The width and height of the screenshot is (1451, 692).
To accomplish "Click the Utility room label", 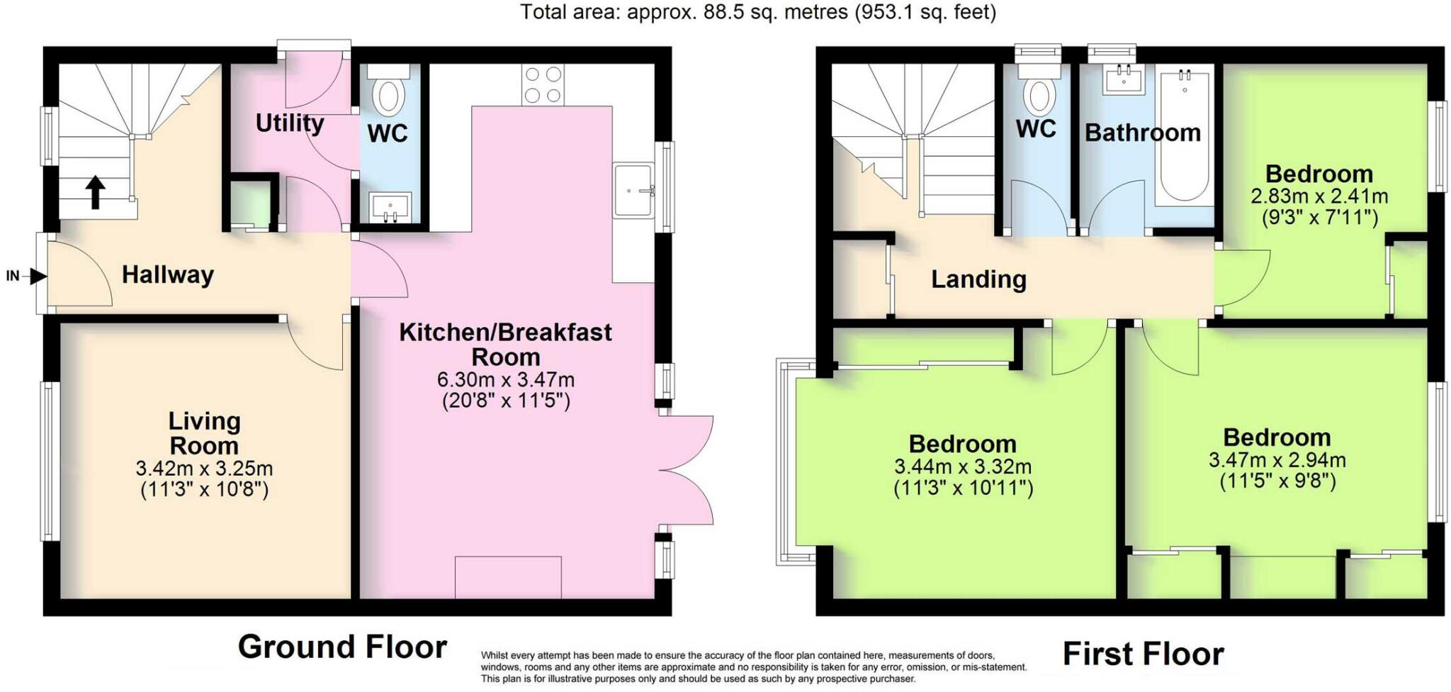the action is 290,123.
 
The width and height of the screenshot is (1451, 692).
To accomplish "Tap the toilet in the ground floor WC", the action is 388,90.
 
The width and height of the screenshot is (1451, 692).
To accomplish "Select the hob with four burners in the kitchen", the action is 543,85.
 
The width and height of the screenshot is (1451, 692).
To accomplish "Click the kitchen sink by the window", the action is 633,189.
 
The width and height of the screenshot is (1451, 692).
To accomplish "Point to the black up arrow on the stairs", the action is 96,192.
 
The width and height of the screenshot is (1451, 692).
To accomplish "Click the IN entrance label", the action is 13,276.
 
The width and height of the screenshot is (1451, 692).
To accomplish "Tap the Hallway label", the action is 168,274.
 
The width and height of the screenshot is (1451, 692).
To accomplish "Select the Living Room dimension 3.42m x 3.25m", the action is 204,469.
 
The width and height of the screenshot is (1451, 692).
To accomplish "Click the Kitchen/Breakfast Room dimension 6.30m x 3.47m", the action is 506,380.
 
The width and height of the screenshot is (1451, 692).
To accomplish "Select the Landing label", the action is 978,279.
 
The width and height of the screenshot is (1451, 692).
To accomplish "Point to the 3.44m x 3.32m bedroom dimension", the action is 963,467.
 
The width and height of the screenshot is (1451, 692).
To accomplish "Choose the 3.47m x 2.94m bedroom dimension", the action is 1277,460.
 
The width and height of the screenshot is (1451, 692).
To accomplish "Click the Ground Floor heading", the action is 342,647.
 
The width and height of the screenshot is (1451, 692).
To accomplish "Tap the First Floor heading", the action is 1144,654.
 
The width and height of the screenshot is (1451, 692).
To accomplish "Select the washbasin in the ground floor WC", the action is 390,206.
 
